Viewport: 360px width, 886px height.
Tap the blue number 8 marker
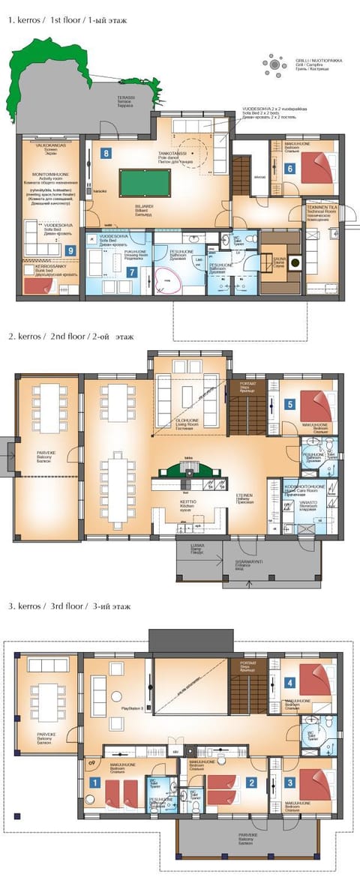pyautogui.click(x=106, y=153)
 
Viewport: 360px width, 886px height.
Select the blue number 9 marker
pyautogui.click(x=70, y=250)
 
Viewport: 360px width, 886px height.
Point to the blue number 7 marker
pyautogui.click(x=131, y=271)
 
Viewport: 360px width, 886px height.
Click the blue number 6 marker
pyautogui.click(x=289, y=169)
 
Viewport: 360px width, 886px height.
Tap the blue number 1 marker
pyautogui.click(x=94, y=782)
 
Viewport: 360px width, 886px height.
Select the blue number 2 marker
pyautogui.click(x=252, y=783)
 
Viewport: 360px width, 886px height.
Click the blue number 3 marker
pyautogui.click(x=290, y=783)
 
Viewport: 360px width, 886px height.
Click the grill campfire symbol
pyautogui.click(x=275, y=65)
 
